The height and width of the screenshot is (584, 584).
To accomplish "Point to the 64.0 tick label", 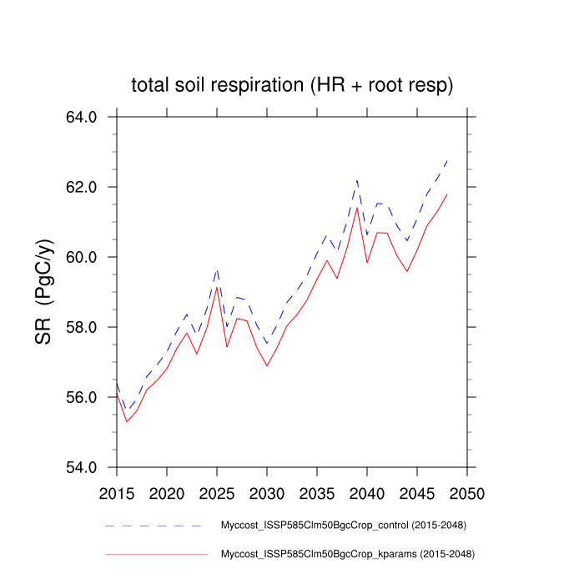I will click(x=82, y=117).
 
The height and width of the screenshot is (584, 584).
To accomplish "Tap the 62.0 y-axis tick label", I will click(x=82, y=187).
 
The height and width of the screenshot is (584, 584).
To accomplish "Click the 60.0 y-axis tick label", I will click(x=82, y=257).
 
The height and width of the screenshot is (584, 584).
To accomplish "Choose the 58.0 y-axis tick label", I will click(x=82, y=327).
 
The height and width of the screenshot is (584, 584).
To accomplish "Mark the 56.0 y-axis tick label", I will click(x=82, y=397).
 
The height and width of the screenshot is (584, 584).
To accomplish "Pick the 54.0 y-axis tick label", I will click(x=82, y=467).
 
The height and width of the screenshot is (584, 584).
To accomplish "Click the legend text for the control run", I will click(x=342, y=526).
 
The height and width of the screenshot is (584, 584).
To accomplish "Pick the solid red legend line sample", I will click(x=156, y=553).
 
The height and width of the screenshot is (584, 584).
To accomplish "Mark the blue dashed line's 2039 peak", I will click(x=357, y=179).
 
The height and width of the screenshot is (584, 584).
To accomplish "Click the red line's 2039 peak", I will click(x=357, y=208).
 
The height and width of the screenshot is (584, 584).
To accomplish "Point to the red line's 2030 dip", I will click(x=267, y=365).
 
